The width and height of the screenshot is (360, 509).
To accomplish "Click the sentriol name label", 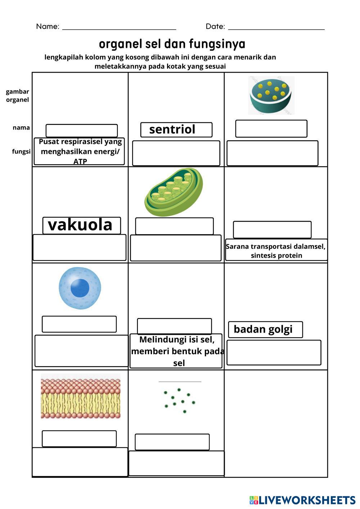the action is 176,130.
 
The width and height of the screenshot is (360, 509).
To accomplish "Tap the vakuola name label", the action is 82,225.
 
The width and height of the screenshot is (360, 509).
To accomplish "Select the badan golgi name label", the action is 265,329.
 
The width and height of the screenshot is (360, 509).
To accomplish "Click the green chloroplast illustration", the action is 174,192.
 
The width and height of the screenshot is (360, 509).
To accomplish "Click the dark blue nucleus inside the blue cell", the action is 80,288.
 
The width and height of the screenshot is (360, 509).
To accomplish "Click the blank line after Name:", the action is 119,29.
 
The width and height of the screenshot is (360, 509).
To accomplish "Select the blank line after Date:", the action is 276,29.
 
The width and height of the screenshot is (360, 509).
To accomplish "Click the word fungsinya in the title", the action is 217,44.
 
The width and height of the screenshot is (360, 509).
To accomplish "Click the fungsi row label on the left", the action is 21,151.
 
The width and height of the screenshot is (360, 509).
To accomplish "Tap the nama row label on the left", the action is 21,128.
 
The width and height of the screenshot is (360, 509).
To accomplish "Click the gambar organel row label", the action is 18,95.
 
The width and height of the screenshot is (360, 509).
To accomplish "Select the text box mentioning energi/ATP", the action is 79,151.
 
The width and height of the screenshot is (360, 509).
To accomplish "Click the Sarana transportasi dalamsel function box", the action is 276,250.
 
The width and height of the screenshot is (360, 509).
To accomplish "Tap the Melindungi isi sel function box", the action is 176,351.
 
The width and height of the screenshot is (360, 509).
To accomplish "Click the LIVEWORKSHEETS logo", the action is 302,500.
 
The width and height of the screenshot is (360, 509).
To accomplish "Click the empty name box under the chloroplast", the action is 174,226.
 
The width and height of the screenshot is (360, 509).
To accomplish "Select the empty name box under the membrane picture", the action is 79,438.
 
